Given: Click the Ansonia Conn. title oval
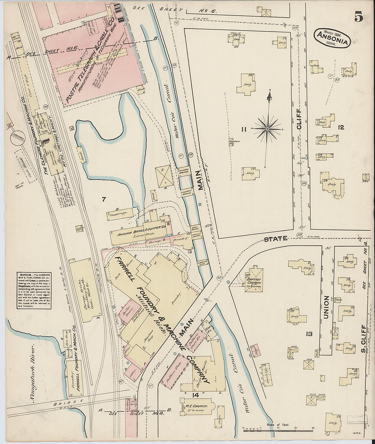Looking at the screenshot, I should click(x=333, y=38).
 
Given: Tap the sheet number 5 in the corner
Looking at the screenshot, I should click(x=358, y=17).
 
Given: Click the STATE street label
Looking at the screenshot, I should click(x=275, y=239).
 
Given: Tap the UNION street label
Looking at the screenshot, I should click(x=327, y=307).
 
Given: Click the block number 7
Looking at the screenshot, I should click(x=104, y=200).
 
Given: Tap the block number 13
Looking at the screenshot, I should click(x=309, y=334).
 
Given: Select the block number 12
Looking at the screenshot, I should click(x=340, y=128).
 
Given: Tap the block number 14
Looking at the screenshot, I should click(x=195, y=395).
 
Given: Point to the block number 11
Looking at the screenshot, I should click(x=243, y=129).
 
